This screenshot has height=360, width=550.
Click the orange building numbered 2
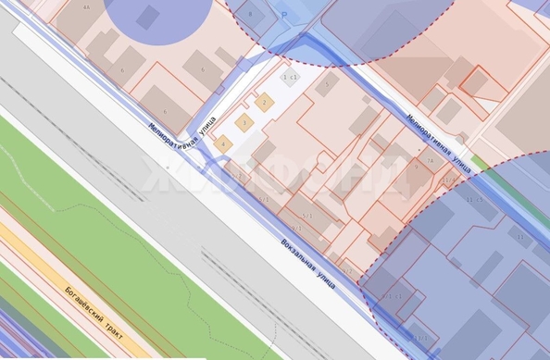[265, 103]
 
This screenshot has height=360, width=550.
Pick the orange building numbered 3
[244, 122]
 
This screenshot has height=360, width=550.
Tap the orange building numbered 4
[222, 143]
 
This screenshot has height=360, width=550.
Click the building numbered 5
[325, 86]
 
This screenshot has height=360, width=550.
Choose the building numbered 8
[249, 14]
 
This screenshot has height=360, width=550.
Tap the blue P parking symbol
[284, 16]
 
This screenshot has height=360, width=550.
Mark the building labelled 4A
[86, 6]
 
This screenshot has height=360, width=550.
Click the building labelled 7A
[431, 161]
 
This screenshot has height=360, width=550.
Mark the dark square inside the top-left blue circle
[147, 16]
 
